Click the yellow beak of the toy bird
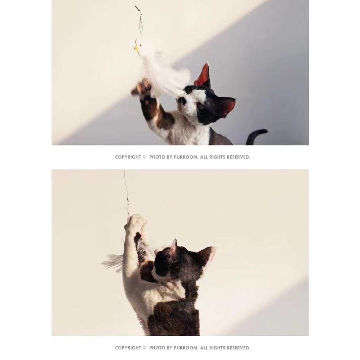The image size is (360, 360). (136, 48)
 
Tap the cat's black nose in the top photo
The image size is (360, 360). (182, 100)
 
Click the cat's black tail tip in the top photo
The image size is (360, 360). (264, 131)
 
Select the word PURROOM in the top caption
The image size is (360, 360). (185, 157)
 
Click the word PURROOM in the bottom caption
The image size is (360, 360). (185, 348)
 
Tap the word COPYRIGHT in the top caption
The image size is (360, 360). (128, 157)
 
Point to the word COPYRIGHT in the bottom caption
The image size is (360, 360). (128, 348)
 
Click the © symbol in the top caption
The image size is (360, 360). (144, 157)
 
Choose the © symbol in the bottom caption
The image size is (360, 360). (144, 348)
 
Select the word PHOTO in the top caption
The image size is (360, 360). (157, 157)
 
